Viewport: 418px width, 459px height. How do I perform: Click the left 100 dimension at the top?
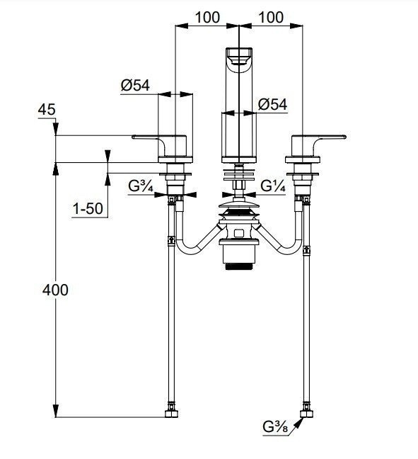(207, 18)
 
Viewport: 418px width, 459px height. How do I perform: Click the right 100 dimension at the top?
(271, 18)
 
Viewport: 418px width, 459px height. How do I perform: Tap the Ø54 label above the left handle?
(135, 86)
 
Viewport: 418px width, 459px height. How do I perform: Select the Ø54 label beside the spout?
(273, 105)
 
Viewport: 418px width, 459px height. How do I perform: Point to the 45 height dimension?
(47, 110)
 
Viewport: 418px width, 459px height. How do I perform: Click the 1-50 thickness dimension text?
(88, 209)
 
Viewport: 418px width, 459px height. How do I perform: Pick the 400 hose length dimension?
(55, 290)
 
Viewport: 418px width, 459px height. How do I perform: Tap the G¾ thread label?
(141, 186)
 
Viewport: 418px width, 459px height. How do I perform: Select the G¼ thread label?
(273, 186)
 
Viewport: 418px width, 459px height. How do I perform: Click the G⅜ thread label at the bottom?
(275, 427)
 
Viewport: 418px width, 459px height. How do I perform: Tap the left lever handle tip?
(134, 137)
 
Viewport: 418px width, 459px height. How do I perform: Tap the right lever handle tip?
(344, 137)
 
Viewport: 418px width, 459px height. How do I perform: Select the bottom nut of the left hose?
(172, 414)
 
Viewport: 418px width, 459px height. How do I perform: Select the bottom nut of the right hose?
(307, 414)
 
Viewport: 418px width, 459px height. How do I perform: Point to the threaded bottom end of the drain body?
(239, 266)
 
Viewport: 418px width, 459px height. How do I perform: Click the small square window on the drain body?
(239, 233)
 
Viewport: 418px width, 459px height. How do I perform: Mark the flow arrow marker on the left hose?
(172, 240)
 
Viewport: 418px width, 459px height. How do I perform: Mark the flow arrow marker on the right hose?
(307, 250)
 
